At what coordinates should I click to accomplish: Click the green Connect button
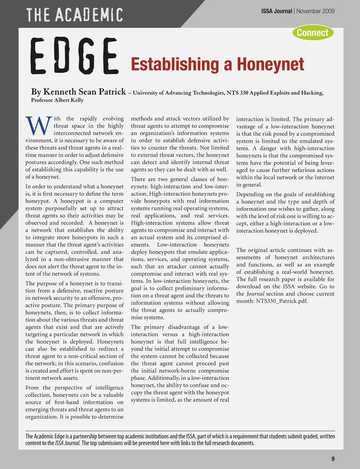[x=313, y=33]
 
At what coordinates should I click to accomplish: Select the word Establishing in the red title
[x=175, y=64]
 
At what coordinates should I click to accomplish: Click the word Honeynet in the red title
[x=270, y=64]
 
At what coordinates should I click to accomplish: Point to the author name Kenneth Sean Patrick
[x=84, y=92]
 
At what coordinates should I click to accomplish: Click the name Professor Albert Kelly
[x=57, y=100]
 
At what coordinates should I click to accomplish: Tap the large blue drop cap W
[x=38, y=126]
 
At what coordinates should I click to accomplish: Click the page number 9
[x=333, y=459]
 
